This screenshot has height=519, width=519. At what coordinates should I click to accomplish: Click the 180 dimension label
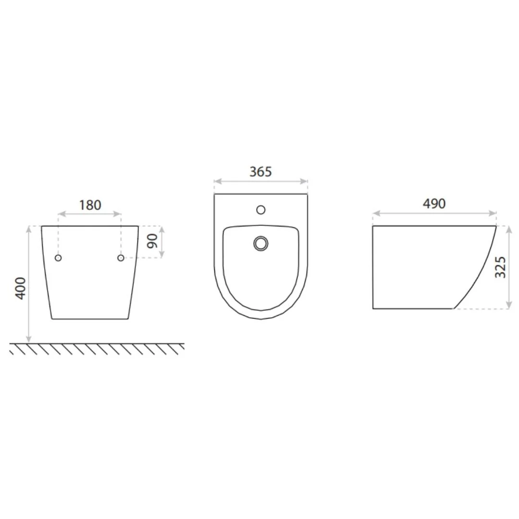coord(90,205)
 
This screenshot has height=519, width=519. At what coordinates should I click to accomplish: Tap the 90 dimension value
coord(153,241)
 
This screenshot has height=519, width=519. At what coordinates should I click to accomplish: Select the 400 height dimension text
coord(21,288)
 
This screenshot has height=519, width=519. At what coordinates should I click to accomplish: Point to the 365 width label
coord(260,172)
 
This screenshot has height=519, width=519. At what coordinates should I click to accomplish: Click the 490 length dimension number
coord(434,204)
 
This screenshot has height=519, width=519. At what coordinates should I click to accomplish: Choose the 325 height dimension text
coord(500,267)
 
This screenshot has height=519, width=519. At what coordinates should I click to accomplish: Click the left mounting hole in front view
coord(58,258)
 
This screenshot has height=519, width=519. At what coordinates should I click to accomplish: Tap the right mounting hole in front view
coord(121,258)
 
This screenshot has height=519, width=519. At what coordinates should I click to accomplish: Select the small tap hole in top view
coord(261,210)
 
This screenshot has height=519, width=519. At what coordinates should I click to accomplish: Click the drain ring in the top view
coord(261,243)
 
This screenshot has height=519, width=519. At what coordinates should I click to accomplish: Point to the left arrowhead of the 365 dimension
coord(217,181)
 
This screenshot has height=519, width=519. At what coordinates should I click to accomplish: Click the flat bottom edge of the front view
coord(90,319)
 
